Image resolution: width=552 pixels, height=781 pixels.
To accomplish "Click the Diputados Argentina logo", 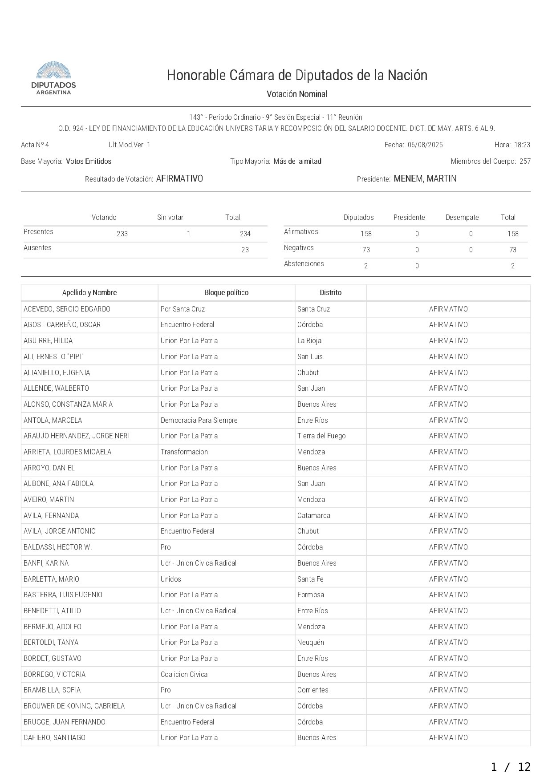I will coord(53,78).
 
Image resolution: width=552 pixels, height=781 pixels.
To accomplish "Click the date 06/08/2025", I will coord(425,145).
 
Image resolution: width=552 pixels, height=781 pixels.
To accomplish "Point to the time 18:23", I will coord(522,145).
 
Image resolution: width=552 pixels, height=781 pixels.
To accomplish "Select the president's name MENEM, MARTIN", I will coord(425,179).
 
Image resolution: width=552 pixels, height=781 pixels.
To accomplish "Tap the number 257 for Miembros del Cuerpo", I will coord(525,162).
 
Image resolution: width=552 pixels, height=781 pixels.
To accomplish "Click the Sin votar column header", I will coord(170,218).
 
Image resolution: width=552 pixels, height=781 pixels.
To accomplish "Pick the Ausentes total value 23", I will coord(245,250).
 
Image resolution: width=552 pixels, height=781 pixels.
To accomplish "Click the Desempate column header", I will coord(462,218).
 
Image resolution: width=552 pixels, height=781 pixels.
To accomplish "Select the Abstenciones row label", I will coord(304,264).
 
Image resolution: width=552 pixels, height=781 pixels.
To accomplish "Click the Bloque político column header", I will coord(226,293).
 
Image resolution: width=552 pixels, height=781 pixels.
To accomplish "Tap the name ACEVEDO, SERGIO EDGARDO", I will coord(67,309).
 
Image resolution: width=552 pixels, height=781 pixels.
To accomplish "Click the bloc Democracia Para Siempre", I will coord(199,421).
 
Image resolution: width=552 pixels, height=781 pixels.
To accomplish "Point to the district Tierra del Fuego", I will coord(321,436).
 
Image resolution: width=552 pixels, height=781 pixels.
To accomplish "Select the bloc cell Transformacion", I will coord(184,452).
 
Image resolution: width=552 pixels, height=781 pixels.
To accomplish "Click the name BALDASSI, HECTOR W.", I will coord(58,547).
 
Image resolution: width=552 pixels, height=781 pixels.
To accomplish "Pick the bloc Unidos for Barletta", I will coord(171,579).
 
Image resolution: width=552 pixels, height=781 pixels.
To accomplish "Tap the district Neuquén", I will coord(311,643).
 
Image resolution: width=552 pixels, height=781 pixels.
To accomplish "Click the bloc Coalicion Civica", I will coord(184,675).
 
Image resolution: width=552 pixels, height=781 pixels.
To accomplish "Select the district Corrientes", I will coord(313,690).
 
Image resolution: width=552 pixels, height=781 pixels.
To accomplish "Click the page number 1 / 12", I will coord(511,767).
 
